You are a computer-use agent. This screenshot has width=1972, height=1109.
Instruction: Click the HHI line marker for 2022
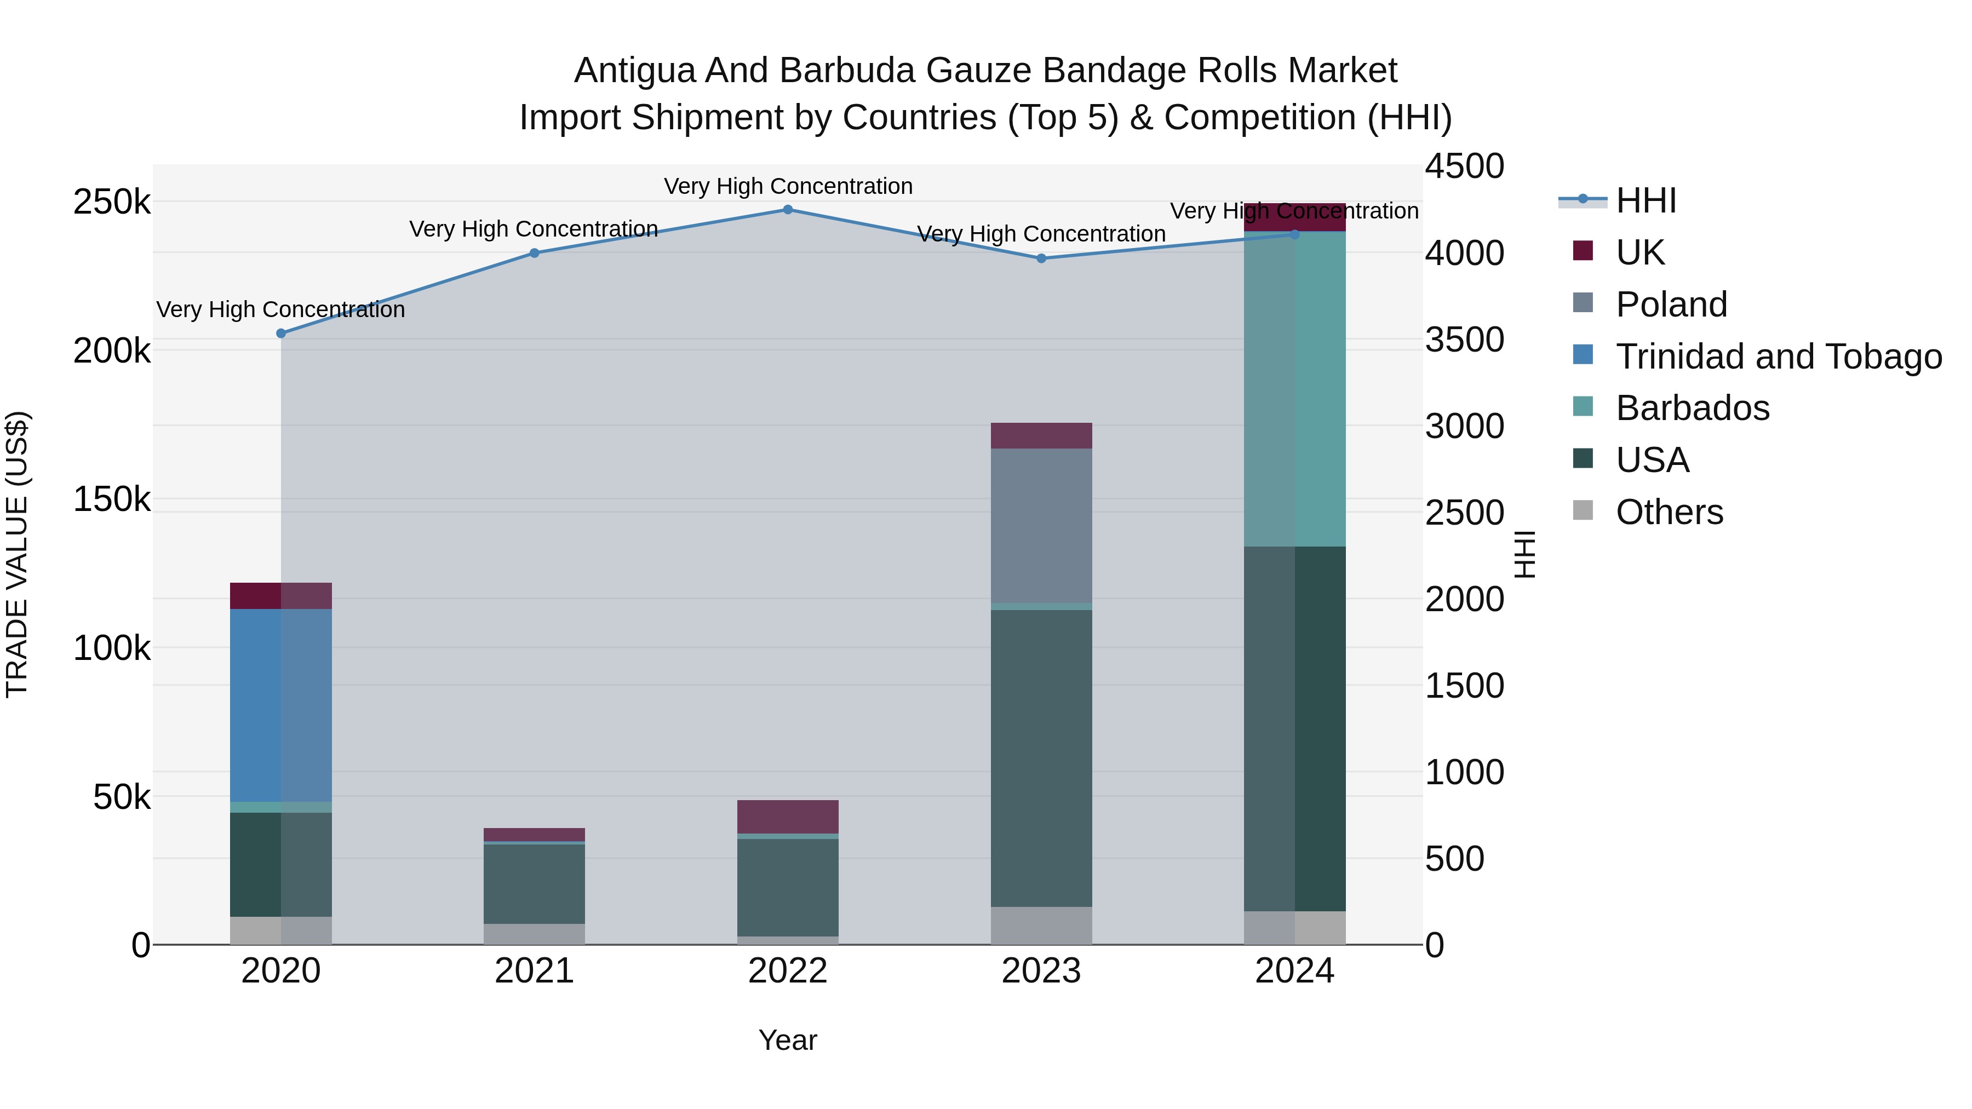coord(788,210)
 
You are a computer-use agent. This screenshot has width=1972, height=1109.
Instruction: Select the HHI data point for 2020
coord(281,334)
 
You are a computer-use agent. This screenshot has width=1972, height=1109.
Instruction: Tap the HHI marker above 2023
coord(1041,258)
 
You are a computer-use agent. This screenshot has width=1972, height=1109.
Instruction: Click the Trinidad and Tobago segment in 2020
coord(281,704)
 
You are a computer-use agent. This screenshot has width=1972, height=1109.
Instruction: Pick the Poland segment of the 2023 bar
coord(1041,525)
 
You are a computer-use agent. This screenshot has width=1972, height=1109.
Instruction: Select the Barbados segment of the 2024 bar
coord(1294,389)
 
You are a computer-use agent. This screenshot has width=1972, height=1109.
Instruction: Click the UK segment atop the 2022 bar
coord(788,817)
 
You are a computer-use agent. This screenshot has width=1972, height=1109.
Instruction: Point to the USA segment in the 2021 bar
coord(534,883)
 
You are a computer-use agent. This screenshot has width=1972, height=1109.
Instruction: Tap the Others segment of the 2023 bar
coord(1041,926)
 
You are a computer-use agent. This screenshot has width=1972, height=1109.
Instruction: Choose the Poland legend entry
coord(1671,304)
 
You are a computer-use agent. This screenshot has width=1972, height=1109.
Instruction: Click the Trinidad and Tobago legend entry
coord(1778,357)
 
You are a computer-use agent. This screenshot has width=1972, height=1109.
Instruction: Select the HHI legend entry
coord(1646,200)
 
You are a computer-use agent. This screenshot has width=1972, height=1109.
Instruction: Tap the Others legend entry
coord(1669,512)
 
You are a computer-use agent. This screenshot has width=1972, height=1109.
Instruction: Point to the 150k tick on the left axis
coord(112,500)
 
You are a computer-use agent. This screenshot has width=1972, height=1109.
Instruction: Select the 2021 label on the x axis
coord(534,971)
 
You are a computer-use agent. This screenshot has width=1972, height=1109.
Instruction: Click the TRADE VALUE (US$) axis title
coord(17,554)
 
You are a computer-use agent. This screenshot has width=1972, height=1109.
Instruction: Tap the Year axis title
coord(788,1040)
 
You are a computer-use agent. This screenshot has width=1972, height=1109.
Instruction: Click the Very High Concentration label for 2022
coord(788,186)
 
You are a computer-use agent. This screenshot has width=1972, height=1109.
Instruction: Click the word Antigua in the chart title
coord(634,71)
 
